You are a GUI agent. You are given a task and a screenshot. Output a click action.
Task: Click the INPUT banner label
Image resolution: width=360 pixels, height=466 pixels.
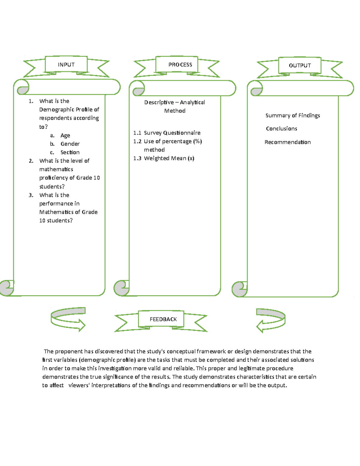pyautogui.click(x=66, y=65)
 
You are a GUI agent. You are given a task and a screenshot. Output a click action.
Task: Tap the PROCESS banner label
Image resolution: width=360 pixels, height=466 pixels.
pyautogui.click(x=180, y=65)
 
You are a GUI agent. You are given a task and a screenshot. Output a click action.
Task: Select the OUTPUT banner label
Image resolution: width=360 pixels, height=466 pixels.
pyautogui.click(x=300, y=65)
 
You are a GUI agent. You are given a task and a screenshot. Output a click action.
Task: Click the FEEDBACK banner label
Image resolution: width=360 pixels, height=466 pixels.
pyautogui.click(x=163, y=319)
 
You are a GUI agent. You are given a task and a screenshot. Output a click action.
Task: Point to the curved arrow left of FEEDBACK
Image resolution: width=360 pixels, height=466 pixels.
pyautogui.click(x=68, y=319)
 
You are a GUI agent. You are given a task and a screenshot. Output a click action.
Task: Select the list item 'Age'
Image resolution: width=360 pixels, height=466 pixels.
pyautogui.click(x=65, y=135)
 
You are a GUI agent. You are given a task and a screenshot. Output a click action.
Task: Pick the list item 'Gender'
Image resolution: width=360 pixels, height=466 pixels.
pyautogui.click(x=70, y=144)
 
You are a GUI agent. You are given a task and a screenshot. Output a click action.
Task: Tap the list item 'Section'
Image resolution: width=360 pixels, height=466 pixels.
pyautogui.click(x=70, y=152)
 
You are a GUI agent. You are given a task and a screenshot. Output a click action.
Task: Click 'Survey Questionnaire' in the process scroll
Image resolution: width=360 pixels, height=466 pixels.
pyautogui.click(x=172, y=133)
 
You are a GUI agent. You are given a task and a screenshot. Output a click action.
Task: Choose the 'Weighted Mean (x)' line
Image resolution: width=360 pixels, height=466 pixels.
pyautogui.click(x=169, y=158)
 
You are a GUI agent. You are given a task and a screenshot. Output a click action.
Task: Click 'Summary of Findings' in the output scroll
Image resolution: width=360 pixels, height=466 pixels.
pyautogui.click(x=292, y=116)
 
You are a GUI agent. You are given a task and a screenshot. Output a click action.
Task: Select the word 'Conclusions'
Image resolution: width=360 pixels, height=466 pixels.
pyautogui.click(x=281, y=128)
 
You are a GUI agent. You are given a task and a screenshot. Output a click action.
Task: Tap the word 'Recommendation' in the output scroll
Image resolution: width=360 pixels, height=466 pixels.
pyautogui.click(x=287, y=142)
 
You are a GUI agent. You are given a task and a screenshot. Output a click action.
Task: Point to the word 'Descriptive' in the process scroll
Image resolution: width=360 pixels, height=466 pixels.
pyautogui.click(x=159, y=102)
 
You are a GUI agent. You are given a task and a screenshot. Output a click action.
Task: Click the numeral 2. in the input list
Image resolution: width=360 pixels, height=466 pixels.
pyautogui.click(x=31, y=161)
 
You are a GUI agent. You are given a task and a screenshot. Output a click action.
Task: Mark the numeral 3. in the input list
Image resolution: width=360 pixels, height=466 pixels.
pyautogui.click(x=31, y=195)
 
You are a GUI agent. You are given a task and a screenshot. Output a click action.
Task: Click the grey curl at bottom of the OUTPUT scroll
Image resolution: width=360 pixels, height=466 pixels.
pyautogui.click(x=239, y=289)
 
